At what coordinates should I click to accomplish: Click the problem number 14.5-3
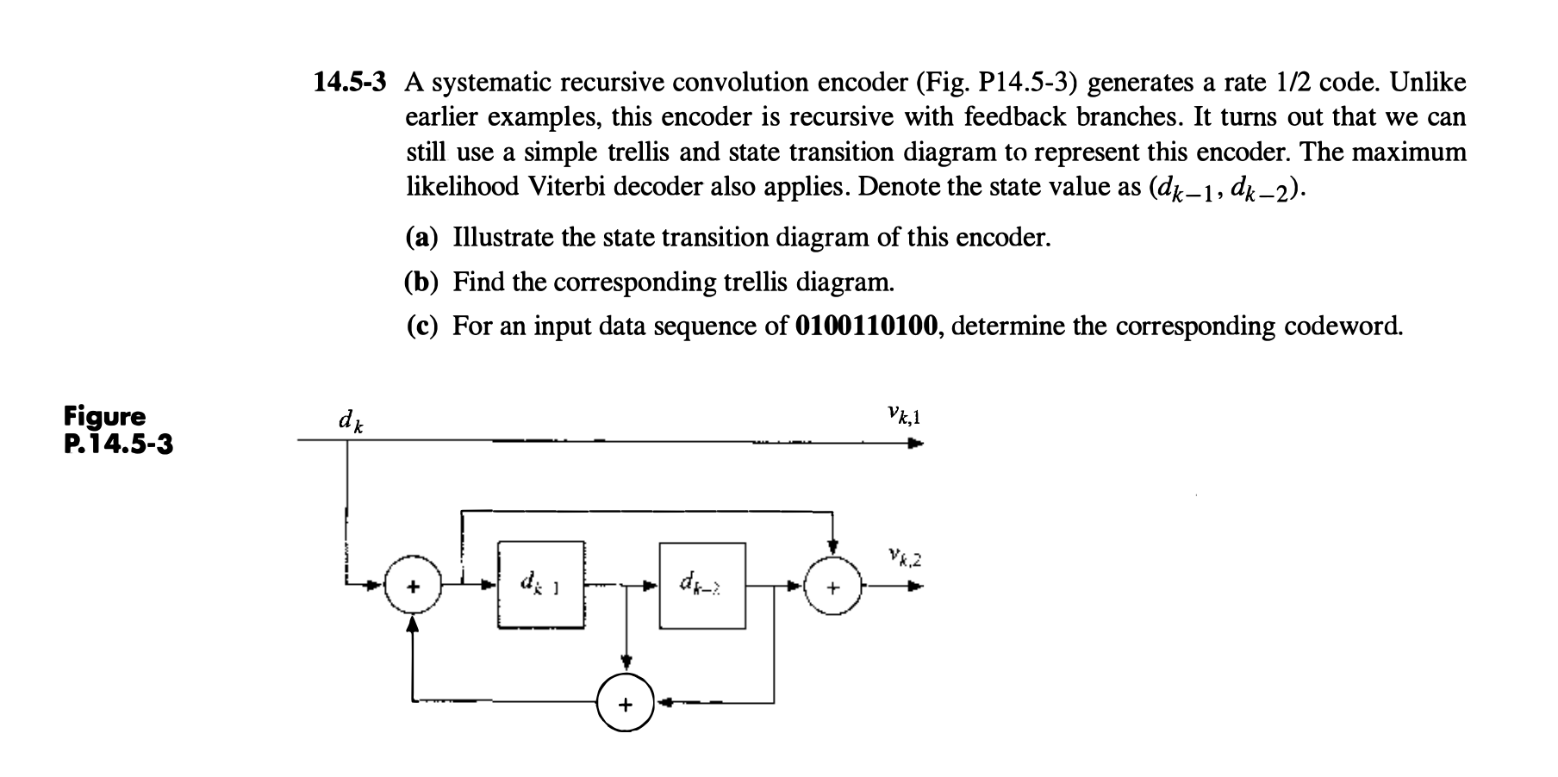point(349,83)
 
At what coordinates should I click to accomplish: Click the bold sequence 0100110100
point(868,326)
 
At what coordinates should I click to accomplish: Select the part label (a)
point(422,238)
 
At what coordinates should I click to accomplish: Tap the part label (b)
point(422,282)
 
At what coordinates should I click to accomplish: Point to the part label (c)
point(422,326)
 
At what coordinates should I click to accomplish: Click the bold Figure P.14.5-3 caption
point(118,431)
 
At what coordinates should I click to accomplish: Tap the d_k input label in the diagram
point(350,421)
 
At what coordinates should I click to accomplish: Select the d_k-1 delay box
point(541,586)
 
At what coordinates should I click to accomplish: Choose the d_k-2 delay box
point(702,586)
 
